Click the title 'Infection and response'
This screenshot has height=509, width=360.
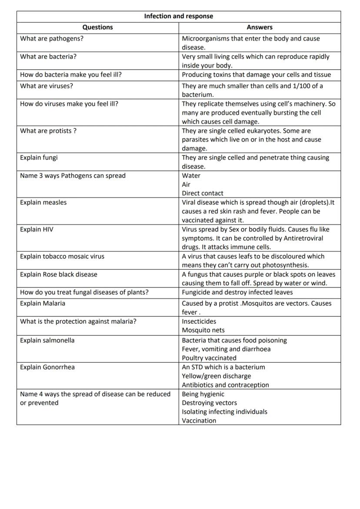click(x=178, y=16)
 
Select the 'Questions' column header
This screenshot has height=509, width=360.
click(x=97, y=27)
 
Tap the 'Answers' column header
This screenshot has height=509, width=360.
click(x=260, y=27)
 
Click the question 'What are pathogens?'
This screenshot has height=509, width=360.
click(x=52, y=38)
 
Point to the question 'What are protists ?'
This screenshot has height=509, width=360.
click(x=48, y=131)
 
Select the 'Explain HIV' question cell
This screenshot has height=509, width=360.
click(x=37, y=229)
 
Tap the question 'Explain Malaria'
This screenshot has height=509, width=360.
click(x=43, y=303)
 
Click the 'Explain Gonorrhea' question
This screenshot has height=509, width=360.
click(x=47, y=367)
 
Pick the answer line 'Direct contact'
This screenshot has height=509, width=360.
click(x=203, y=193)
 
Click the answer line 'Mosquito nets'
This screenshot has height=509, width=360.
click(x=203, y=330)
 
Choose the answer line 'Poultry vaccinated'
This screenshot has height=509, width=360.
click(x=209, y=358)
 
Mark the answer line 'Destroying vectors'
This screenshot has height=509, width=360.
click(x=209, y=403)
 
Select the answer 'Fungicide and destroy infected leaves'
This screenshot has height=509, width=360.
click(x=237, y=292)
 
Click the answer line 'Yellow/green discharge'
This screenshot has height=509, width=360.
click(x=216, y=376)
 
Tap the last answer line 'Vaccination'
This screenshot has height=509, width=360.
click(x=199, y=420)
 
